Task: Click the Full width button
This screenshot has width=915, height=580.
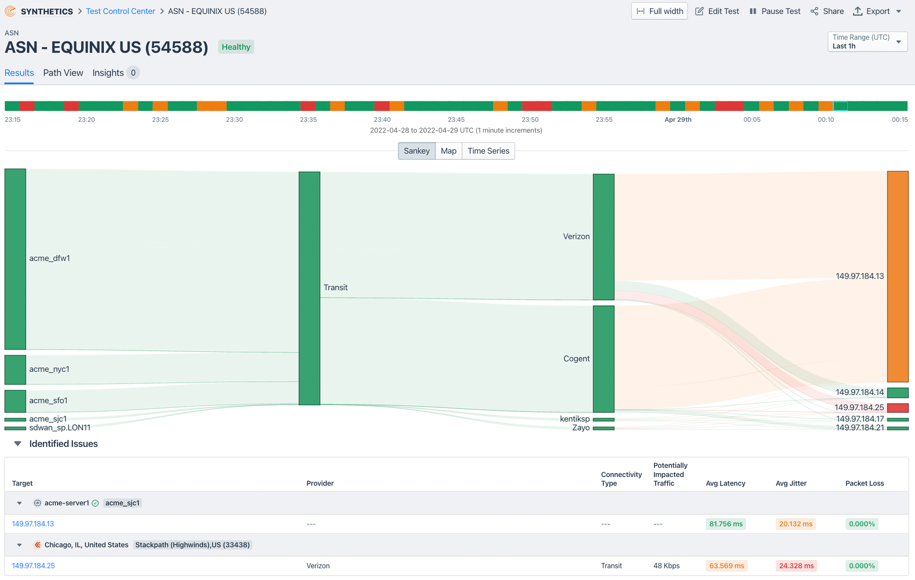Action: (659, 11)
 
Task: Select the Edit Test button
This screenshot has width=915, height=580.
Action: (717, 11)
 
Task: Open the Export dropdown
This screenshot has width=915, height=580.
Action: (877, 11)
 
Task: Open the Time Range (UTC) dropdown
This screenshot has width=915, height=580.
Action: (867, 42)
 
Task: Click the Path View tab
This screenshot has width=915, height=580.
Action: (63, 73)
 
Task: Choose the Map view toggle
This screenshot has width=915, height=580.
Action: (448, 151)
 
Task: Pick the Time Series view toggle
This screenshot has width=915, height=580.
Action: (488, 151)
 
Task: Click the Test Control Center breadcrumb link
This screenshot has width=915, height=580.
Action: (120, 11)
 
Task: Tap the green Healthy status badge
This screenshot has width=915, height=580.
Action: (236, 47)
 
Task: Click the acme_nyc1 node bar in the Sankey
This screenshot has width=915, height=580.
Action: (15, 370)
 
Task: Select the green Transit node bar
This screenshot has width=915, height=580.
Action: (309, 288)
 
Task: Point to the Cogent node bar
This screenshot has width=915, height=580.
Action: (603, 359)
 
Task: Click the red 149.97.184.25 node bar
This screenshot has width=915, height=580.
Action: (898, 408)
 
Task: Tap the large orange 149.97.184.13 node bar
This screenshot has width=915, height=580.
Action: (898, 276)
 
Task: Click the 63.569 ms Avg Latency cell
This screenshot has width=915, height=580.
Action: (727, 566)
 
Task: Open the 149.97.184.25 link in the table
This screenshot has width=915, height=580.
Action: (33, 566)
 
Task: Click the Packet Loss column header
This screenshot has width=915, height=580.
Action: (864, 483)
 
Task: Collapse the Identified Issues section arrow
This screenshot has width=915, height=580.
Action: (18, 444)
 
